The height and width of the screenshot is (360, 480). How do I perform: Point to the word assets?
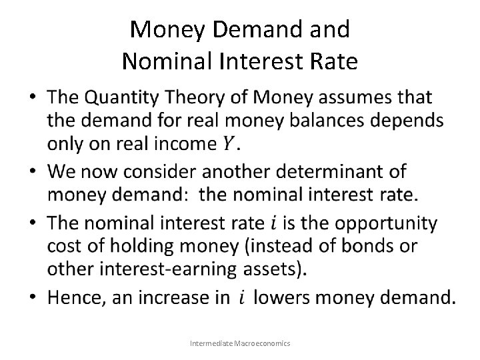[x=278, y=270]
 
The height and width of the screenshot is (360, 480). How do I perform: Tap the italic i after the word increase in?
[x=241, y=296]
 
